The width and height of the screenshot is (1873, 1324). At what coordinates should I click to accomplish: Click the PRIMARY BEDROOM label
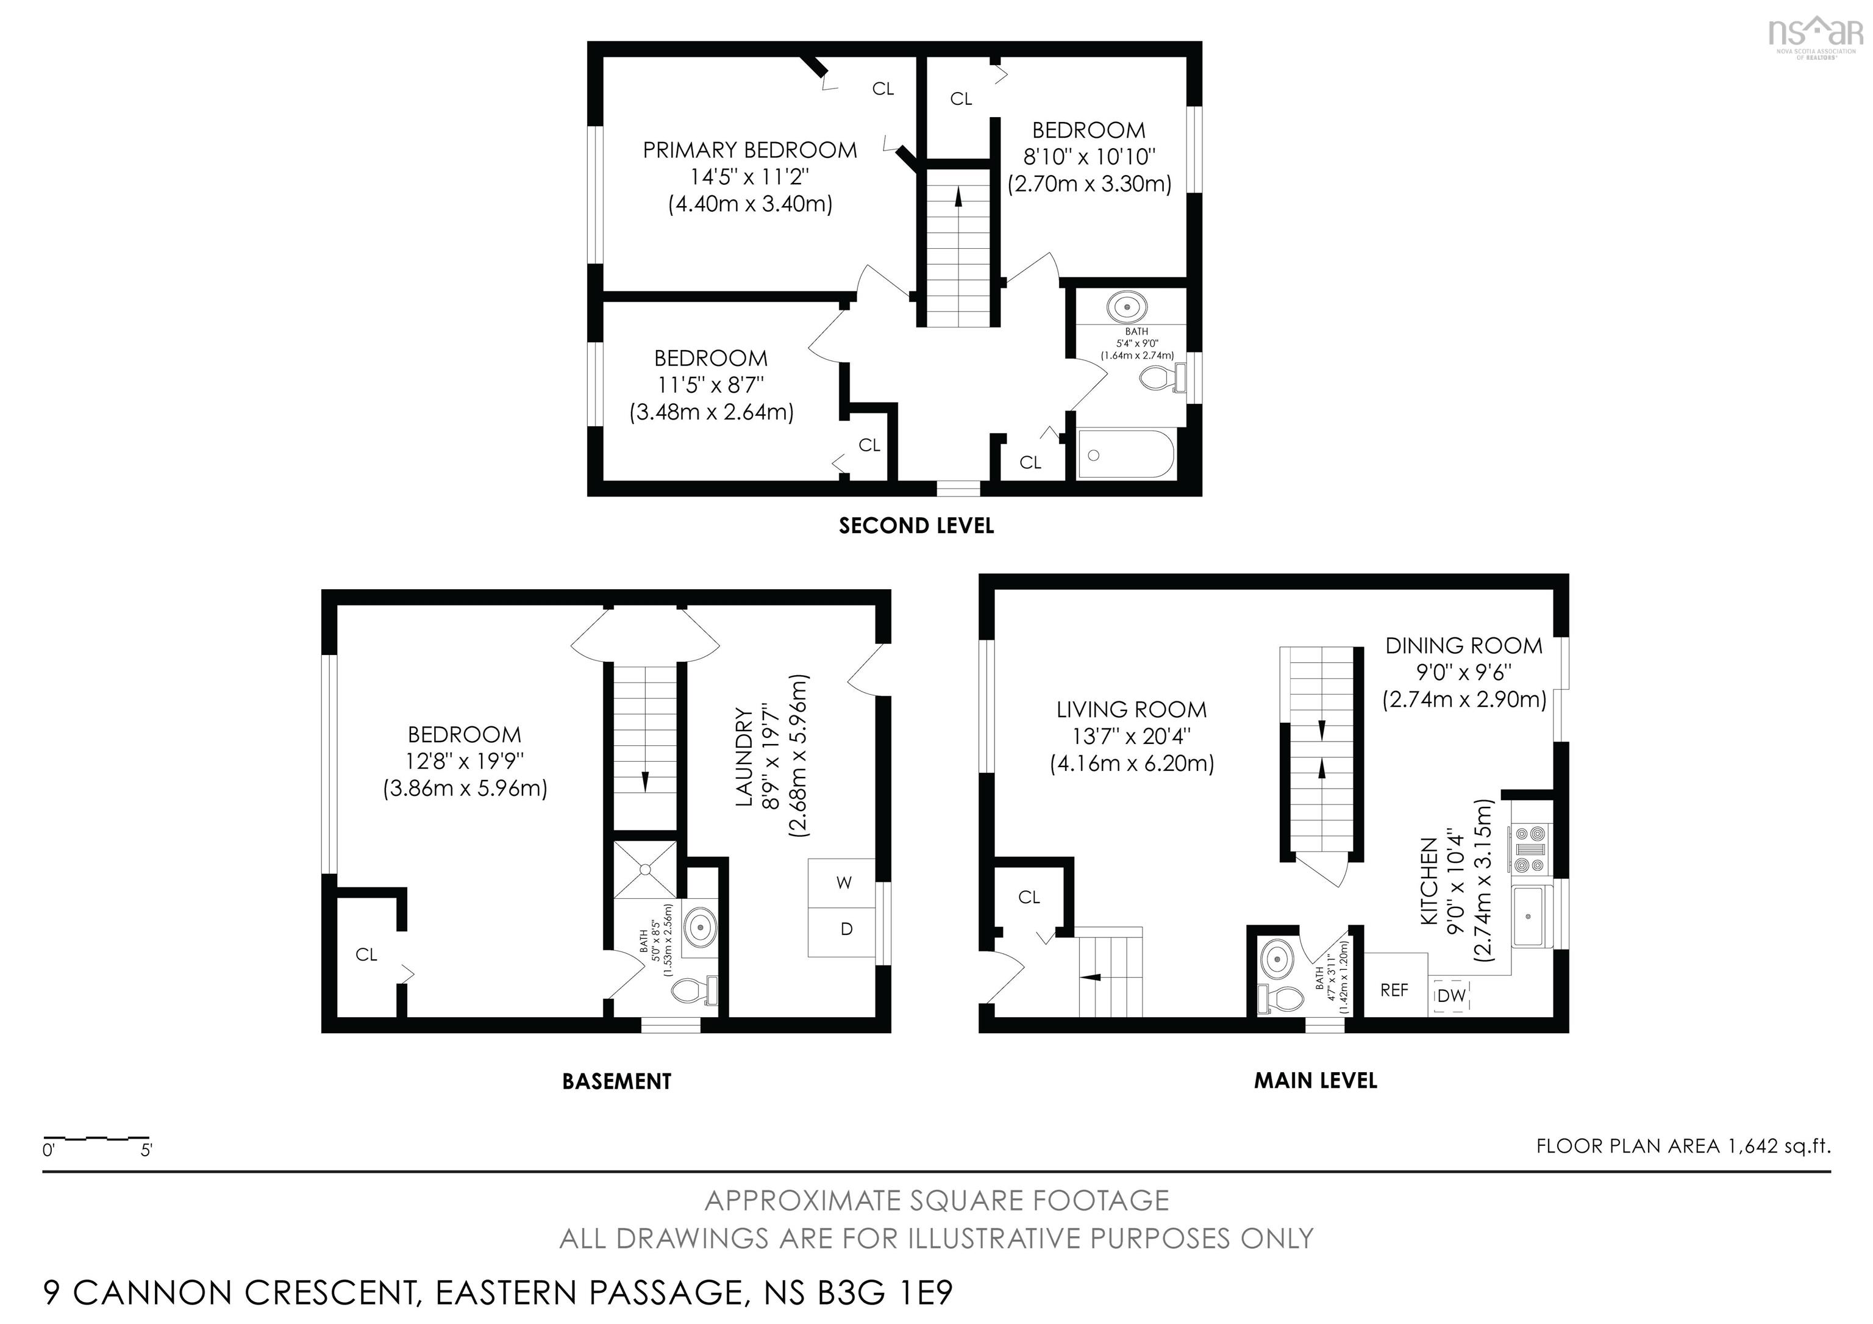tap(750, 150)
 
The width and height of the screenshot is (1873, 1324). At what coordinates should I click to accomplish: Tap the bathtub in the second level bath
tap(1126, 454)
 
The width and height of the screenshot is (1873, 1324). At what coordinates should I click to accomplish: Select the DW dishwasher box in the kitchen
tap(1451, 996)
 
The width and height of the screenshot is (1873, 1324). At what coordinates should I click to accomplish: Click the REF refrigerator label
tap(1394, 990)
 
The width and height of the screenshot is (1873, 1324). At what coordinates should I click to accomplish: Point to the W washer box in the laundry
tap(843, 882)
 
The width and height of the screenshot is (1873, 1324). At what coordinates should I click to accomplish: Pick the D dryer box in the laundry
tap(846, 928)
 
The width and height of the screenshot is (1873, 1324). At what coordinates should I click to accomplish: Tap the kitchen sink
tap(1528, 915)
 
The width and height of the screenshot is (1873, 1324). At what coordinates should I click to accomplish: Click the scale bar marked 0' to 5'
tap(96, 1138)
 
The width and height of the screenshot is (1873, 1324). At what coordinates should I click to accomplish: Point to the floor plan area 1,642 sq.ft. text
tap(1683, 1146)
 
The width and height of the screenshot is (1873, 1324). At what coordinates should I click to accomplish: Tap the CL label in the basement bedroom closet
tap(366, 954)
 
